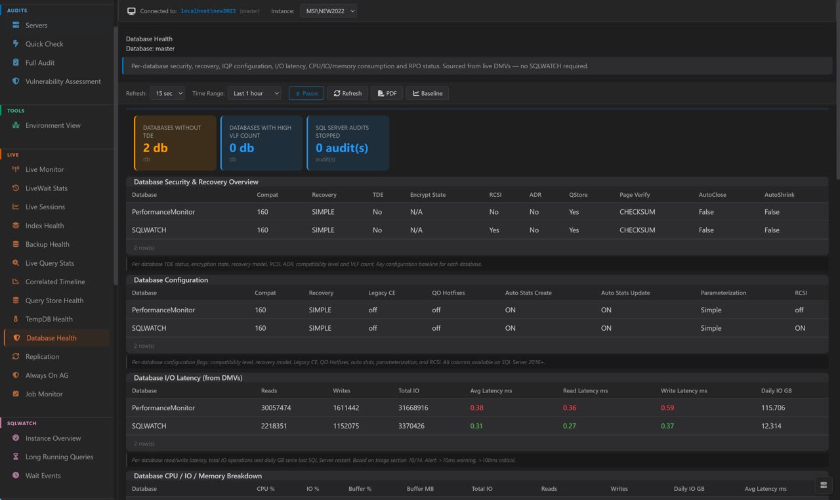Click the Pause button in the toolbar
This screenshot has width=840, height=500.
tap(306, 93)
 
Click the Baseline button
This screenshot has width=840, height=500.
tap(427, 93)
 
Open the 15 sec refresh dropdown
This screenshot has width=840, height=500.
tap(167, 93)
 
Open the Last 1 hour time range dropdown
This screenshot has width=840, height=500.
tap(254, 93)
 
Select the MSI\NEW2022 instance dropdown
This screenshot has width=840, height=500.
tap(328, 11)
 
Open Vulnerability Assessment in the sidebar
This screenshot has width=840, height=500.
tap(63, 81)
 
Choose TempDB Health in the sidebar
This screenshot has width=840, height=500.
tap(49, 319)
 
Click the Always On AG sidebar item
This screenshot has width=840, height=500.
tap(47, 375)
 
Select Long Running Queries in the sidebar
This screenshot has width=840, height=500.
tap(59, 457)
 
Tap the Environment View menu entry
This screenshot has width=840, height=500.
tap(52, 125)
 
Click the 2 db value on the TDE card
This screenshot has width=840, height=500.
tap(156, 148)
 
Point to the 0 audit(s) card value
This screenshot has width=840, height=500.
tap(342, 148)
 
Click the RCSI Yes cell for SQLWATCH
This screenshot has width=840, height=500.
tap(494, 230)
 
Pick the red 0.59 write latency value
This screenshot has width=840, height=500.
tap(667, 407)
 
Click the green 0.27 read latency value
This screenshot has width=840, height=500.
tap(570, 426)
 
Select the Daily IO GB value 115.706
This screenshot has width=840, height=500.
tap(773, 407)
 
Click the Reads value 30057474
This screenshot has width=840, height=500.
tap(276, 407)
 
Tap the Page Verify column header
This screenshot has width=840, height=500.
tap(635, 195)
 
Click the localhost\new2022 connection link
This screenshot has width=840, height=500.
tap(208, 11)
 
